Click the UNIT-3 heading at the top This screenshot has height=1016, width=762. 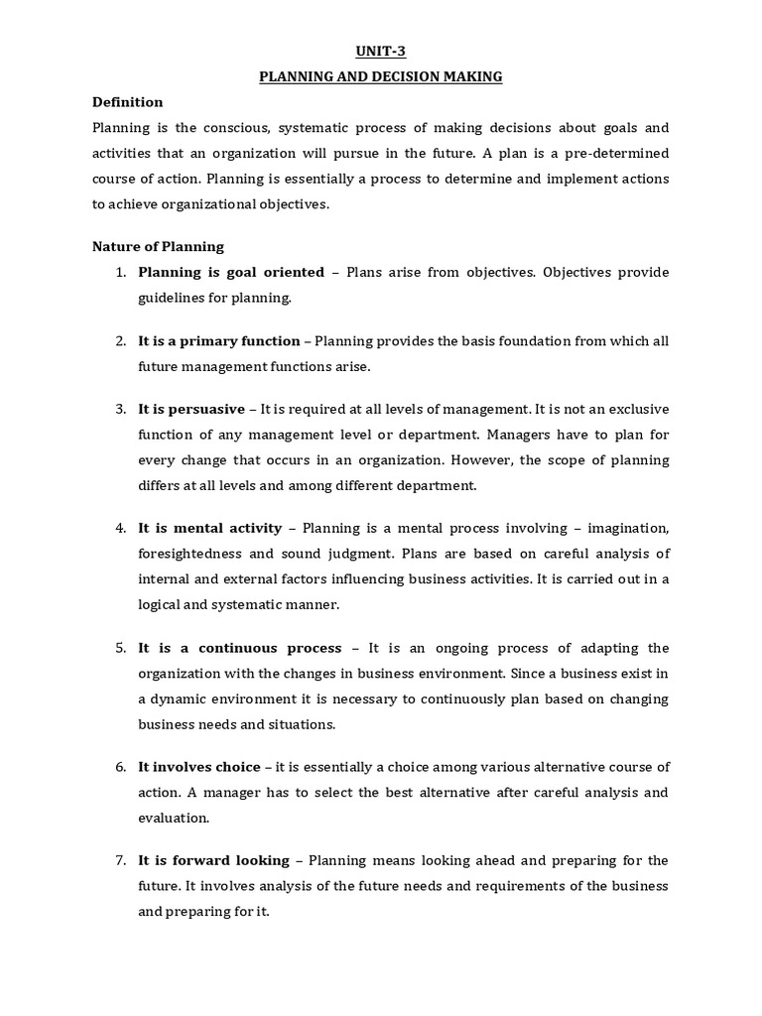click(x=381, y=53)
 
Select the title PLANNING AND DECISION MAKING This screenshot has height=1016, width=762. click(x=381, y=77)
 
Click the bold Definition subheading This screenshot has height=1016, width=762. click(x=127, y=102)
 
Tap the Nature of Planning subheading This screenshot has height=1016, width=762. click(x=158, y=246)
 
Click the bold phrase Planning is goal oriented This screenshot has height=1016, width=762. click(x=231, y=272)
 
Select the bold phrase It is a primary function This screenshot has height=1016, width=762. click(x=219, y=340)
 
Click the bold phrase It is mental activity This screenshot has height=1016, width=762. click(x=210, y=528)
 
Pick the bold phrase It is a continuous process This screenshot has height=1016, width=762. click(x=240, y=648)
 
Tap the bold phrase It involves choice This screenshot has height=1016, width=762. click(x=199, y=767)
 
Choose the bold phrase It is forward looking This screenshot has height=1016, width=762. click(x=214, y=860)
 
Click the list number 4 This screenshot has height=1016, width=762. click(x=120, y=528)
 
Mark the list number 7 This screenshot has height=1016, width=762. click(x=120, y=860)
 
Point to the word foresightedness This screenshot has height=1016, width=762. click(x=191, y=554)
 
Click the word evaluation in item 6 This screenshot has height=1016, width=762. click(x=174, y=818)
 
